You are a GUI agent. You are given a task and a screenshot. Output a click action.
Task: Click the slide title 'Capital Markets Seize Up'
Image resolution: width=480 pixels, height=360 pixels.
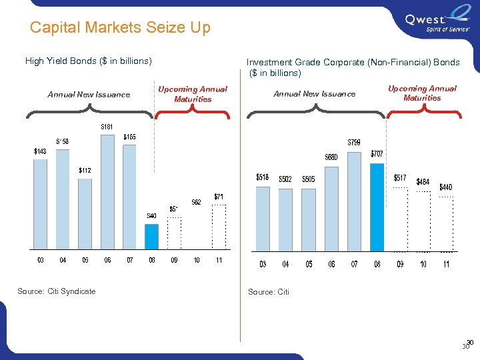(120, 27)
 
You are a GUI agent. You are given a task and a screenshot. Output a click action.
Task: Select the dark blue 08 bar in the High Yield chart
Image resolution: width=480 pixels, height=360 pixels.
(152, 236)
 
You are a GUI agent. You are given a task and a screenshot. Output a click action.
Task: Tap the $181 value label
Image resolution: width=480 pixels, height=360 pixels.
(107, 127)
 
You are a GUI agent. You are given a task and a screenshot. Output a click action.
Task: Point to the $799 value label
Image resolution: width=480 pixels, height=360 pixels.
(355, 142)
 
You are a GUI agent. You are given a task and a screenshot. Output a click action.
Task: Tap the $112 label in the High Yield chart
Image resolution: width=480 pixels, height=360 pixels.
(85, 170)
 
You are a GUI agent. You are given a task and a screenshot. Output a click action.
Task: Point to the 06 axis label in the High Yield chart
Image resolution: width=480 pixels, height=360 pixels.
(107, 261)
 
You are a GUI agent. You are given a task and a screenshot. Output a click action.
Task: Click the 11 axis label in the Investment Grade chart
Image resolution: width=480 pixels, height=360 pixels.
(446, 265)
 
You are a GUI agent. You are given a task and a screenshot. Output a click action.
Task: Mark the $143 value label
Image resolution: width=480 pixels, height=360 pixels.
(40, 151)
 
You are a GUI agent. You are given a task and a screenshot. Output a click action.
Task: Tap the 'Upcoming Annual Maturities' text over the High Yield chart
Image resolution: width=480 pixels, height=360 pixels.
(192, 94)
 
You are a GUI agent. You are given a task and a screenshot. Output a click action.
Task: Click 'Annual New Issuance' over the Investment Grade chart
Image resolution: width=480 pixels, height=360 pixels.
(315, 94)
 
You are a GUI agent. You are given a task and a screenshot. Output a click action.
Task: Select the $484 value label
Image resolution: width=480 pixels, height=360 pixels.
(423, 181)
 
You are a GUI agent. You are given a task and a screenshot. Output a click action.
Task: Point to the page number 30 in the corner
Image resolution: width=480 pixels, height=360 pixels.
(468, 345)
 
